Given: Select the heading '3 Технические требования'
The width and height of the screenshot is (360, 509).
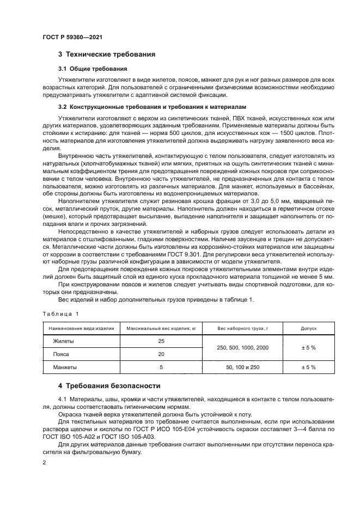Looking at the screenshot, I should (107, 54).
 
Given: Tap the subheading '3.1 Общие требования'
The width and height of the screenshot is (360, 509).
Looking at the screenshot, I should (92, 69).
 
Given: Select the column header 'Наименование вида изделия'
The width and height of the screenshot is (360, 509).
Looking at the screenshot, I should (81, 329).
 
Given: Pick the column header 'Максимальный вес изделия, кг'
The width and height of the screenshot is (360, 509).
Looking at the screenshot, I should (161, 329).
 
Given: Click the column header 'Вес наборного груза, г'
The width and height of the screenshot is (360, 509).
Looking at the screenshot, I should (243, 329).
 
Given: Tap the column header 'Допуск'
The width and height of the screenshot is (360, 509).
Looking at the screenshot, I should (308, 329).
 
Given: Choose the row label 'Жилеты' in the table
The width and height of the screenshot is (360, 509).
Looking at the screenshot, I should (63, 341).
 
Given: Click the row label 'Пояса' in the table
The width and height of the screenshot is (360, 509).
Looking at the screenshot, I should (61, 354).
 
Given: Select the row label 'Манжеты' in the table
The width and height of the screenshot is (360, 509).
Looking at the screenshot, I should (65, 367).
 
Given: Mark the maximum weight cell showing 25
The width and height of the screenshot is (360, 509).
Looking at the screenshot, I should (161, 341).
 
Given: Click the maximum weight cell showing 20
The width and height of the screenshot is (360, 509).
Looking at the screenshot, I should (161, 354).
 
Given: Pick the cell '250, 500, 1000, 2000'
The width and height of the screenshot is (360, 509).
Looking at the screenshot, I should (243, 347).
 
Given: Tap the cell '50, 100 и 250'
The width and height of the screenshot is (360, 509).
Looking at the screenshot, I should (243, 367).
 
